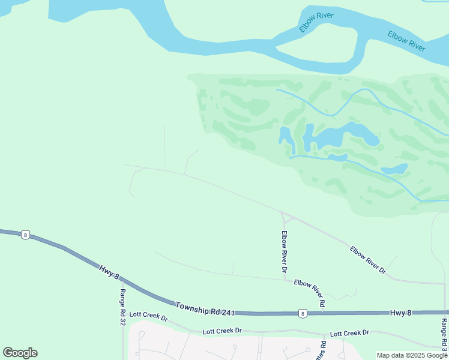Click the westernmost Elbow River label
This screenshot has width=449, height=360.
click(316, 22)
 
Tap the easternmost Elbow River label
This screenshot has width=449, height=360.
click(406, 41)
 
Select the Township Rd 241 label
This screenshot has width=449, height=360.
click(204, 309)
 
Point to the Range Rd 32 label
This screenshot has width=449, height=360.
click(122, 307)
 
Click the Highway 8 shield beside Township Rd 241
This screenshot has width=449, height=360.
click(302, 313)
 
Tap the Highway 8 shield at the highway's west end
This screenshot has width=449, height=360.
click(25, 235)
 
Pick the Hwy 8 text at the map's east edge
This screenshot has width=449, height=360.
click(402, 313)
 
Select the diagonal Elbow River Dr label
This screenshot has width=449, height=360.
click(367, 259)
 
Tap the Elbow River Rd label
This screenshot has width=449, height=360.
click(310, 293)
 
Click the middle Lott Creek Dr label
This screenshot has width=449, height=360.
click(222, 331)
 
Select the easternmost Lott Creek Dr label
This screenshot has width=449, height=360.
click(349, 332)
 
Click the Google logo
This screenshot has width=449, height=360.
click(20, 353)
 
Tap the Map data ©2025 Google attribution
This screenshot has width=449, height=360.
click(412, 355)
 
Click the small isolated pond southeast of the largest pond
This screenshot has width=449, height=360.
click(394, 169)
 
